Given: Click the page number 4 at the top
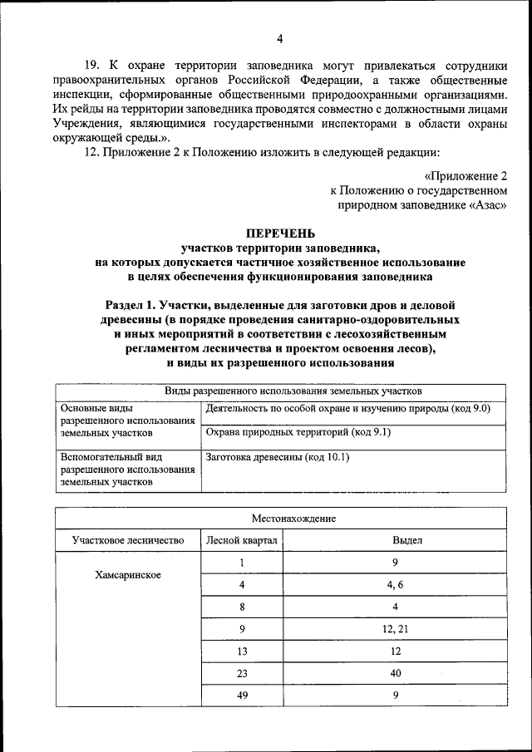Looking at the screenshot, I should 280,39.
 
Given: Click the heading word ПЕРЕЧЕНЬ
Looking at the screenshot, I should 280,233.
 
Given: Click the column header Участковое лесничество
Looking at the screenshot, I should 127,540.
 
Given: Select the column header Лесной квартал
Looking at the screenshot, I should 242,540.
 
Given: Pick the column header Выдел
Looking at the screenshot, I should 395,540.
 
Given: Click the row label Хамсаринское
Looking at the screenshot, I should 127,575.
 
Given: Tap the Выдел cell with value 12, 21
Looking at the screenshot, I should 395,629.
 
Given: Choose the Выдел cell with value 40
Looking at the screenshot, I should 395,674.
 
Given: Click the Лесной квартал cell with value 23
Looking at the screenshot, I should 242,674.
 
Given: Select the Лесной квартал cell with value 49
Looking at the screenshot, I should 242,696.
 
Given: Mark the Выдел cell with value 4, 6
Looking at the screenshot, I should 395,585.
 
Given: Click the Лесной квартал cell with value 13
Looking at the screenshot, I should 242,651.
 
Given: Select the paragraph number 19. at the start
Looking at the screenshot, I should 91,64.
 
